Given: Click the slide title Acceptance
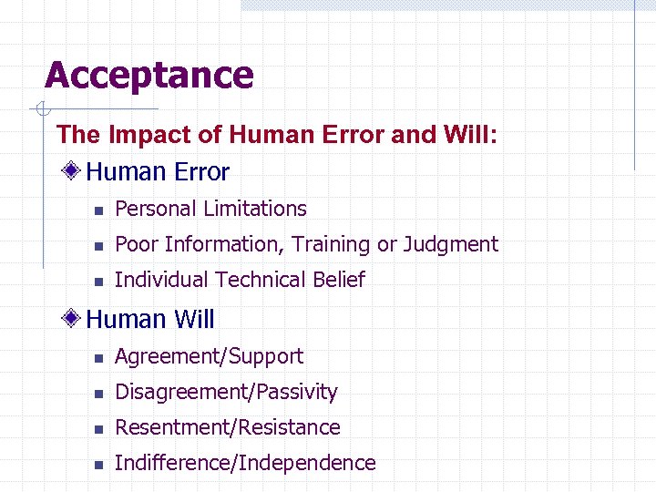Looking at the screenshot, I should [149, 75].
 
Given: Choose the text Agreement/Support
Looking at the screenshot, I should [209, 356].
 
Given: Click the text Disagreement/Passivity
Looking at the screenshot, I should [226, 392].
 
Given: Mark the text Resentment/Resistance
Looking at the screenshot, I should [228, 427].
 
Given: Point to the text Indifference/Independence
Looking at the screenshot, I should [245, 463].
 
